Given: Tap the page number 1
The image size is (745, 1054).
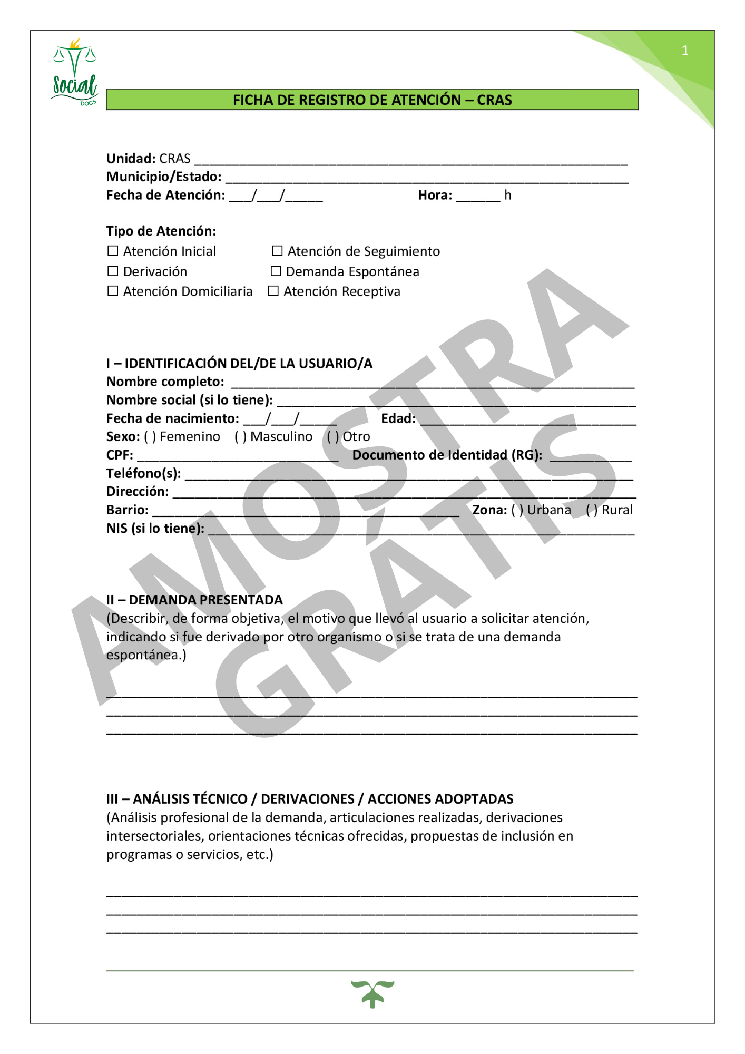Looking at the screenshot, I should click(684, 51).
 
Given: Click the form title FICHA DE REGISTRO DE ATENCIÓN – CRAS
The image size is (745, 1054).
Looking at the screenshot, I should click(372, 100).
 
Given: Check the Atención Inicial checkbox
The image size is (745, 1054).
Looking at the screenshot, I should click(113, 251).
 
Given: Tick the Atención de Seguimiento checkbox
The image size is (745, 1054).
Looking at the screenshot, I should click(277, 251).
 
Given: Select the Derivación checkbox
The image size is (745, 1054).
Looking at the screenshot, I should click(113, 271).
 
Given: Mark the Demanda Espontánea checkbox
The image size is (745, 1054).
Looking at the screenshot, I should click(276, 271).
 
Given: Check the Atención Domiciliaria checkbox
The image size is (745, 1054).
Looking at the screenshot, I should click(113, 291).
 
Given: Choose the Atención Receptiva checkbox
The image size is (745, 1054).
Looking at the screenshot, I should click(273, 291).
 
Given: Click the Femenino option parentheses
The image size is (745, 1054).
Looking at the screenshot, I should click(150, 437).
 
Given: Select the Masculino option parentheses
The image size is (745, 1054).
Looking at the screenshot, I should click(241, 437).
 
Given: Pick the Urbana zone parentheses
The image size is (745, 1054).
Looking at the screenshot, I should click(517, 510).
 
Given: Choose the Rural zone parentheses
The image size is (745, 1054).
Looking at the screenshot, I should click(592, 510).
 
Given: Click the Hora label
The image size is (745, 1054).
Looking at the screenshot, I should click(435, 196).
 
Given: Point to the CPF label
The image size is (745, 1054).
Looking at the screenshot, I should click(120, 455).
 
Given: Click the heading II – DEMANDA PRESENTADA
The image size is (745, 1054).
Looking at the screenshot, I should click(194, 600).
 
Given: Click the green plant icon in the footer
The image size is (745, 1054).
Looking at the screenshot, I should click(372, 994).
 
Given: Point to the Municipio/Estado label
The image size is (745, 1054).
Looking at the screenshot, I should click(164, 177).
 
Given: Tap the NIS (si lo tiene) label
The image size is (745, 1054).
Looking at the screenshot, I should click(155, 529).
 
